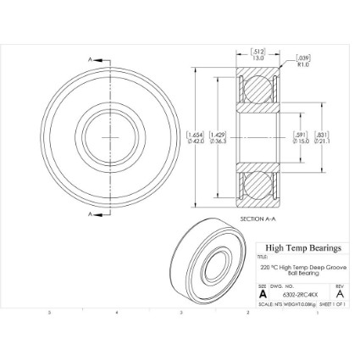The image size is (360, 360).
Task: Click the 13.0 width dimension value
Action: [258, 58]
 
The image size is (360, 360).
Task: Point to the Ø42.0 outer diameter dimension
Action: [195, 141]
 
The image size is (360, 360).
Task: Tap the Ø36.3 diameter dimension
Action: [218, 141]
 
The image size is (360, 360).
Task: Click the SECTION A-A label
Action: [258, 219]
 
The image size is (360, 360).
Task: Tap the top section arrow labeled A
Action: [93, 60]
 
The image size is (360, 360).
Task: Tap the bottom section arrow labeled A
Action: [93, 214]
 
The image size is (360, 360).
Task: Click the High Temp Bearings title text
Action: [302, 248]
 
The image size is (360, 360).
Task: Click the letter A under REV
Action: [339, 294]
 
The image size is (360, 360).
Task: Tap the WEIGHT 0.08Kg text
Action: [301, 303]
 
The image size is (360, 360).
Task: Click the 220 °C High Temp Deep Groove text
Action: [302, 267]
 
